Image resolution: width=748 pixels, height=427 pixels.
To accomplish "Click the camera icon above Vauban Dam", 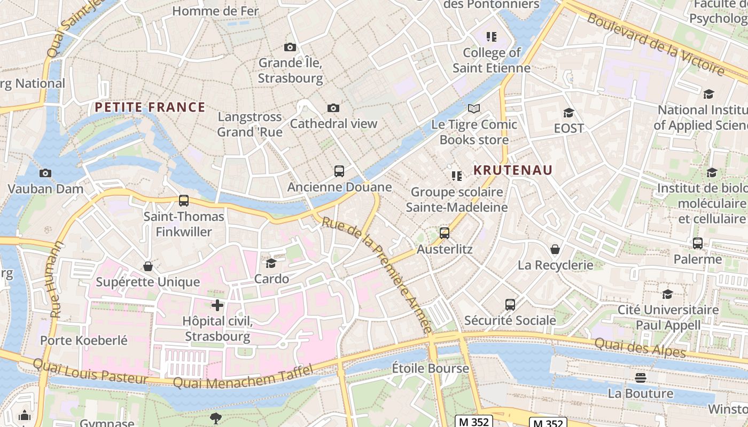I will pyautogui.click(x=45, y=173).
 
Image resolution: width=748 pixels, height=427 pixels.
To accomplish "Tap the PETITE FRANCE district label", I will pyautogui.click(x=150, y=107).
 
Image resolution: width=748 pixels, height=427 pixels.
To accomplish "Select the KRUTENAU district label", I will pyautogui.click(x=513, y=170).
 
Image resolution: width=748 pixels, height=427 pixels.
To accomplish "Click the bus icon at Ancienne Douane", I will pyautogui.click(x=339, y=171).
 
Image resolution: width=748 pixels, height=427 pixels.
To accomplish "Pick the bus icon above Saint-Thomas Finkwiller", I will pyautogui.click(x=184, y=201).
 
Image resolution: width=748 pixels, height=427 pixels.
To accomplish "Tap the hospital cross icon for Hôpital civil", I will pyautogui.click(x=217, y=305).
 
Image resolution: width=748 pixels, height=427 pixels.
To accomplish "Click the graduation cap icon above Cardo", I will pyautogui.click(x=271, y=263).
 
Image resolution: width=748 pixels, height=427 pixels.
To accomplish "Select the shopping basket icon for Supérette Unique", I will pyautogui.click(x=148, y=266).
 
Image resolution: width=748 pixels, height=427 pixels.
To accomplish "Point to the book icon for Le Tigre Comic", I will pyautogui.click(x=474, y=109).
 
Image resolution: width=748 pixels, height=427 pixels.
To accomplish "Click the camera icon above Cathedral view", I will pyautogui.click(x=333, y=108).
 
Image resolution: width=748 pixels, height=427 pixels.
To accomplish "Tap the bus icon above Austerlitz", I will pyautogui.click(x=445, y=233).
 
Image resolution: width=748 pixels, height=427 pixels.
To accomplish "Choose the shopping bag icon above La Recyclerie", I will pyautogui.click(x=555, y=249).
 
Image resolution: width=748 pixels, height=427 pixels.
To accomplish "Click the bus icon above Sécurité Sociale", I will pyautogui.click(x=510, y=305).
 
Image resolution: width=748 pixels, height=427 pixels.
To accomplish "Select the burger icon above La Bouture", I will pyautogui.click(x=641, y=378).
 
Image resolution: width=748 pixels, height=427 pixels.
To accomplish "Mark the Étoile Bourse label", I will pyautogui.click(x=430, y=368).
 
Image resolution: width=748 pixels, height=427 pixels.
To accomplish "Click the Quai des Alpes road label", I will pyautogui.click(x=640, y=349).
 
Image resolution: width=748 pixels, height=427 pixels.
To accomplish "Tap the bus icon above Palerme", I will pyautogui.click(x=698, y=243).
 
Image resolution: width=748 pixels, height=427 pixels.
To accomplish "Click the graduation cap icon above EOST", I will pyautogui.click(x=568, y=113).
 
